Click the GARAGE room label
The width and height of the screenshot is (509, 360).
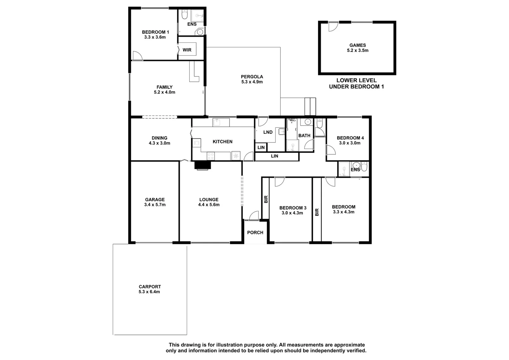point(155,200)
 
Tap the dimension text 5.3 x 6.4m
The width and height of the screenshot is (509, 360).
point(149,292)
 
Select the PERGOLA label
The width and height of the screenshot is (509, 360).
point(252,77)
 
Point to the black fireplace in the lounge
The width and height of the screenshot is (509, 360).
point(203,165)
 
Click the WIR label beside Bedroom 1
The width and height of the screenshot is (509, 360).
point(187,50)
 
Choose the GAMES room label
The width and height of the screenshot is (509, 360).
point(357,45)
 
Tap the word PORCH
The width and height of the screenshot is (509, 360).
point(255,233)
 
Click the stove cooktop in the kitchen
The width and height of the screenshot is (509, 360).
point(211,156)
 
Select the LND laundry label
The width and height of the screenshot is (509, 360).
point(268,132)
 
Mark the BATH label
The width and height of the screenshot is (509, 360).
point(304,136)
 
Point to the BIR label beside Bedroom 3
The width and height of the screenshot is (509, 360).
point(266,199)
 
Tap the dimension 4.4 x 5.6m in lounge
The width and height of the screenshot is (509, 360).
point(209,205)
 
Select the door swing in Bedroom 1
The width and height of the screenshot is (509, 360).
point(137,56)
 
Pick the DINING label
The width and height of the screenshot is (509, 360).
point(159,138)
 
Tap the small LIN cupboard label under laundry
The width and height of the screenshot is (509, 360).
point(261,147)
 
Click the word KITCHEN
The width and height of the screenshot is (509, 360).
point(223,142)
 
